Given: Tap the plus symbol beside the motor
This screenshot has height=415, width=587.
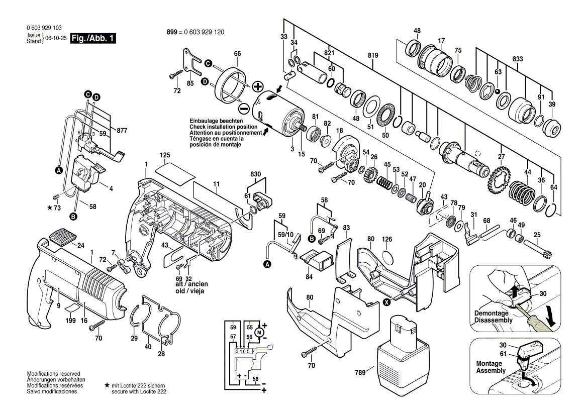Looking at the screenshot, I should pyautogui.click(x=258, y=86).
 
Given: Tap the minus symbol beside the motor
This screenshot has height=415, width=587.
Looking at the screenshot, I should pyautogui.click(x=243, y=109).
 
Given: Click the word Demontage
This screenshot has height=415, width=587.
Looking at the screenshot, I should pyautogui.click(x=490, y=313).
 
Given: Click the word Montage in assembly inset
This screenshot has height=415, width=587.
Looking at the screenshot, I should pyautogui.click(x=489, y=363).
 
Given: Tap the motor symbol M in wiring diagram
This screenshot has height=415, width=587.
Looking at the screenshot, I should pyautogui.click(x=259, y=332).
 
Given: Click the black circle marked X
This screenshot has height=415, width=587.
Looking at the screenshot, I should pyautogui.click(x=386, y=302).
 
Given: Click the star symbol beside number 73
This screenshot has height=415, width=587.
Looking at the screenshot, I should pyautogui.click(x=49, y=207).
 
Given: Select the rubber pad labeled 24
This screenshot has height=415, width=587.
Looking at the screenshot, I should pyautogui.click(x=63, y=236).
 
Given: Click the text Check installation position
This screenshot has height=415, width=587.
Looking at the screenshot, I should pyautogui.click(x=223, y=127).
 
